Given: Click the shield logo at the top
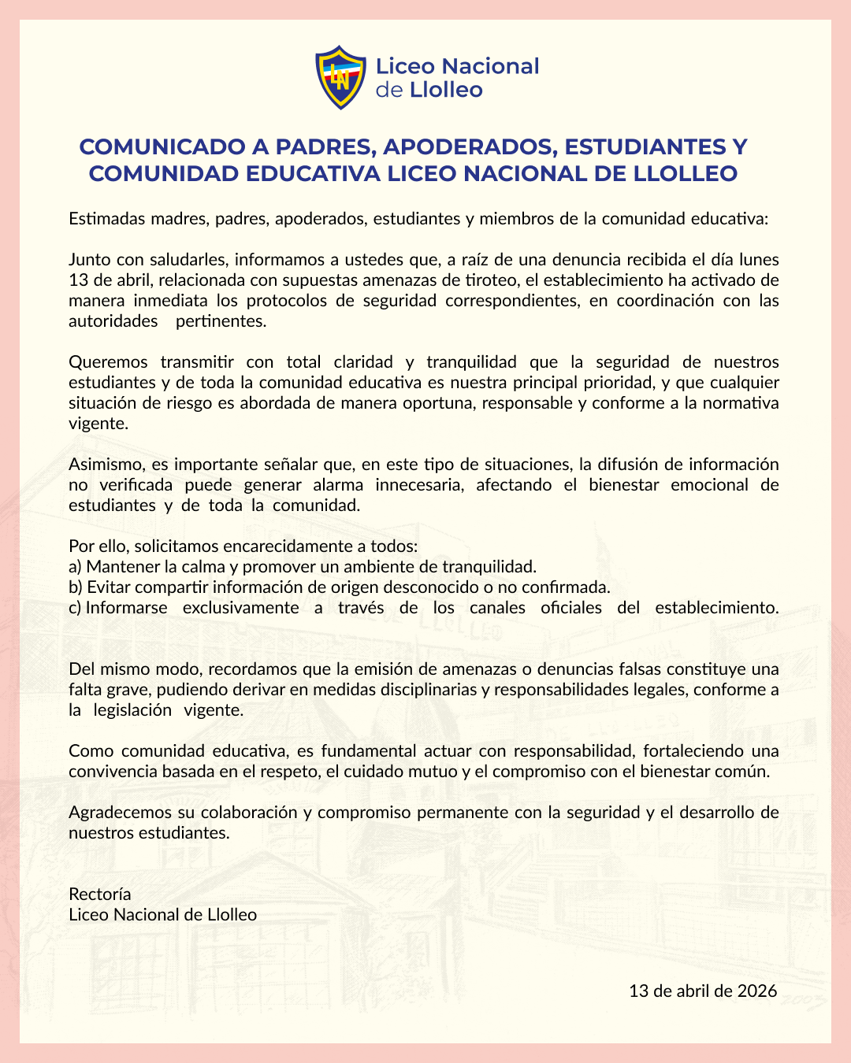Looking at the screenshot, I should tap(340, 77).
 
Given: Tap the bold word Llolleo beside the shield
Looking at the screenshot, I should tap(446, 90).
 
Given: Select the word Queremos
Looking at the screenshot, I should tap(108, 361).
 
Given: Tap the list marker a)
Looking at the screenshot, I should tap(76, 566).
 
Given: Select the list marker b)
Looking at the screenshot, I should tap(76, 587).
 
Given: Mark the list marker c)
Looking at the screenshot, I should tap(76, 607).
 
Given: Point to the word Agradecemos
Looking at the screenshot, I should tap(117, 812).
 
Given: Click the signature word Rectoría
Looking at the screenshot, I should tap(100, 894).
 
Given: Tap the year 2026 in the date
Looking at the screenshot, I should tap(757, 991).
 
